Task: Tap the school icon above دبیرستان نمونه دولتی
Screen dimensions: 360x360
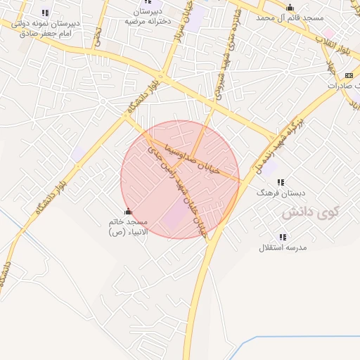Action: click(45, 12)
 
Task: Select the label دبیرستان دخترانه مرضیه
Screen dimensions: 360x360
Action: click(149, 17)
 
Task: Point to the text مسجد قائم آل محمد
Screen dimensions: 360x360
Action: click(290, 16)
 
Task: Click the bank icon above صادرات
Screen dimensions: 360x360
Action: click(349, 75)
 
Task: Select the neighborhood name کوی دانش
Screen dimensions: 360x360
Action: click(311, 211)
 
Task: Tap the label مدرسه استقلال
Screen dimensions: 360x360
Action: click(283, 247)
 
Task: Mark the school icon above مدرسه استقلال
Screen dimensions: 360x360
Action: click(283, 237)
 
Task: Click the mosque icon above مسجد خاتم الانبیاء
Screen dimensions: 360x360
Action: click(127, 212)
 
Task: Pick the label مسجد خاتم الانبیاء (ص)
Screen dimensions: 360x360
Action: click(127, 227)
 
